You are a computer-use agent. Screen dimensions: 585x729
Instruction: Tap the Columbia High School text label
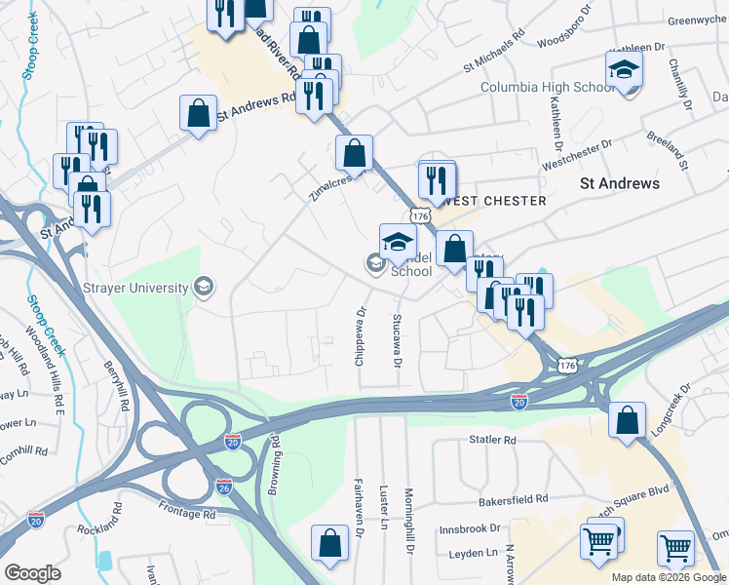pyautogui.click(x=535, y=87)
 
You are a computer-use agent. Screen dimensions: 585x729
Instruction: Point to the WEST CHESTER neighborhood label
pyautogui.click(x=480, y=200)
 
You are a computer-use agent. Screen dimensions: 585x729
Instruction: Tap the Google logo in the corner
pyautogui.click(x=32, y=573)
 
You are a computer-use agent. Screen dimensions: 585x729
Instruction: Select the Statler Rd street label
pyautogui.click(x=492, y=441)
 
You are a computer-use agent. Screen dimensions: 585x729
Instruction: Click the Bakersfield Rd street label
pyautogui.click(x=513, y=499)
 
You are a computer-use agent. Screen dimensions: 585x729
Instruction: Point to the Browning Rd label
pyautogui.click(x=276, y=466)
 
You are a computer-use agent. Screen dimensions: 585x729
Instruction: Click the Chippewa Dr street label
pyautogui.click(x=361, y=337)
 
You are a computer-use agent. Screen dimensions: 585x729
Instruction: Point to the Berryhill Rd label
pyautogui.click(x=117, y=387)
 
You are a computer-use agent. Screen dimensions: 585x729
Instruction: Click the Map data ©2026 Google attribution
pyautogui.click(x=669, y=577)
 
